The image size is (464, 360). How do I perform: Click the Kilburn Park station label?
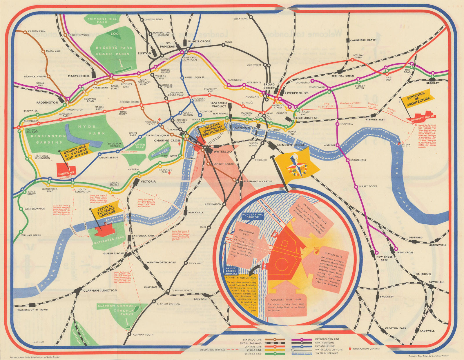click(x=37, y=31)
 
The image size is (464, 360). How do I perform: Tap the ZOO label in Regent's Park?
click(x=114, y=34)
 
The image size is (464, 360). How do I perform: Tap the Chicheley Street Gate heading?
click(x=287, y=299)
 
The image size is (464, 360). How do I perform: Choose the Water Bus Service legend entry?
click(x=327, y=353)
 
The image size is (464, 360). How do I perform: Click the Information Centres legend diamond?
click(x=350, y=349)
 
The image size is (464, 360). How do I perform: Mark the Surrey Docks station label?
click(x=368, y=186)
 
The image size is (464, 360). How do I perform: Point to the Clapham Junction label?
click(x=100, y=290)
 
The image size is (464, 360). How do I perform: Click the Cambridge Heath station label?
click(x=363, y=40)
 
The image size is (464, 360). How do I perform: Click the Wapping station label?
click(x=329, y=145)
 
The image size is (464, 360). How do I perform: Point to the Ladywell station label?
click(x=427, y=330)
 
